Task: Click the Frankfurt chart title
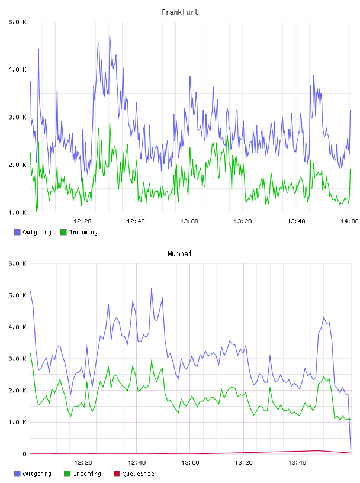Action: click(180, 12)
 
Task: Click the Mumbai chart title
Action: click(179, 253)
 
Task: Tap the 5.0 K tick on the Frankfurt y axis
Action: click(17, 22)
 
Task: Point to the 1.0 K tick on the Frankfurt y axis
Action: click(17, 212)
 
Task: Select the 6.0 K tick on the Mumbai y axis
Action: click(17, 263)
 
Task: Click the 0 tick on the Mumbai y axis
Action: click(24, 454)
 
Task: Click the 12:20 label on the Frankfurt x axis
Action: click(82, 221)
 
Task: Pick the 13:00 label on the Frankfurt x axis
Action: click(189, 221)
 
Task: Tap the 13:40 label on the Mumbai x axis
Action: click(297, 462)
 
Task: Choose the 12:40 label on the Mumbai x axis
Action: click(137, 462)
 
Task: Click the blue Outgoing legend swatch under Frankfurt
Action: click(17, 232)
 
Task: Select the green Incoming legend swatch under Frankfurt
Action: click(63, 232)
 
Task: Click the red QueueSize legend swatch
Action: click(117, 474)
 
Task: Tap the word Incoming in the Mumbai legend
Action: click(87, 474)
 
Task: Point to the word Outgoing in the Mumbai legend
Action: click(37, 474)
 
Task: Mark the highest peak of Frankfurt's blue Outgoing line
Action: click(110, 36)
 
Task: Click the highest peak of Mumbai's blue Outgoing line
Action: click(152, 289)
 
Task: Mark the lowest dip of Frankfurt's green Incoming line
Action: click(37, 212)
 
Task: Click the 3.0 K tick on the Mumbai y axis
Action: click(17, 359)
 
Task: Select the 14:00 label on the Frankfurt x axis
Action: click(349, 221)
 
